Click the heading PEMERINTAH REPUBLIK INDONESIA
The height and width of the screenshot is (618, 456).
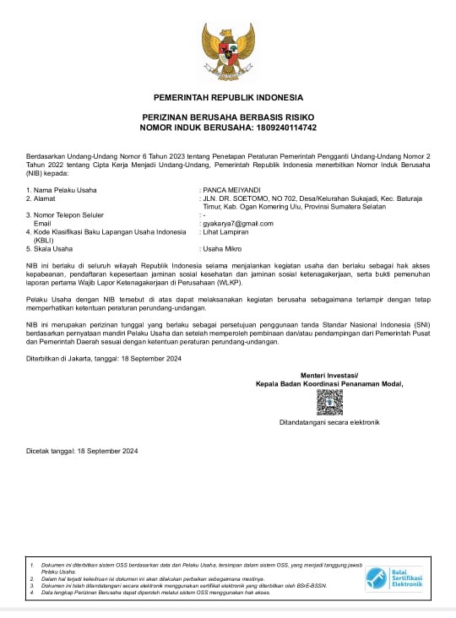click(228, 98)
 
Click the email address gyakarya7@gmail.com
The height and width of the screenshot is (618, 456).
click(237, 223)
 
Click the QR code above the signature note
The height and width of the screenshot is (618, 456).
click(330, 403)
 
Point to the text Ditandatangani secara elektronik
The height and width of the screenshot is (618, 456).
click(330, 422)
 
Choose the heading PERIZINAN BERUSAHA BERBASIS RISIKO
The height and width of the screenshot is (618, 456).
click(228, 118)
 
